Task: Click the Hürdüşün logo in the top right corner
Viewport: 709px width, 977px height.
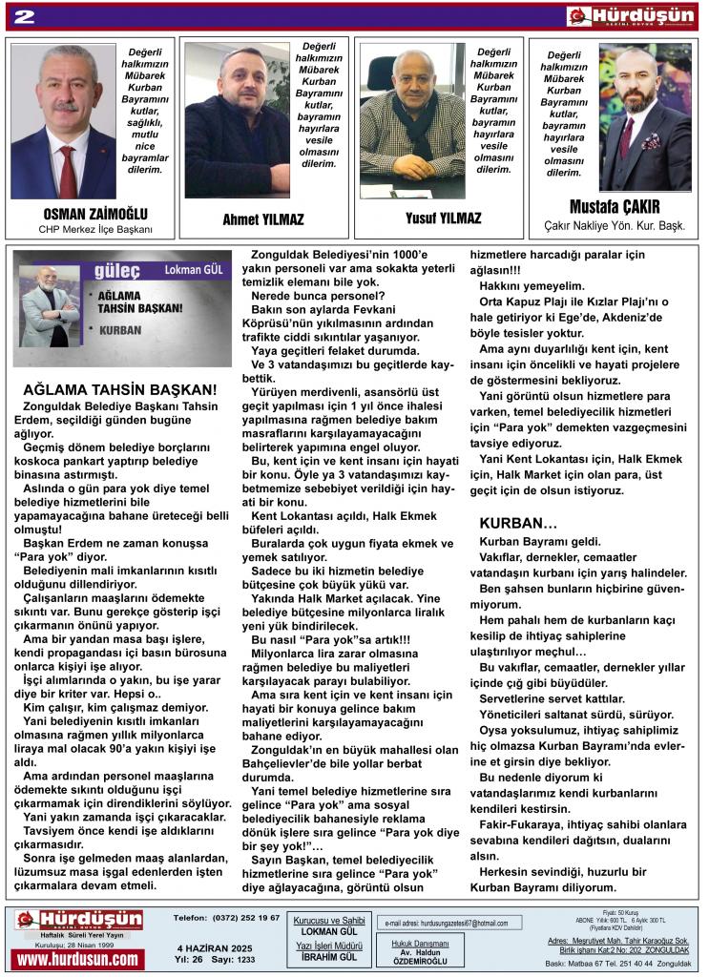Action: click(630, 16)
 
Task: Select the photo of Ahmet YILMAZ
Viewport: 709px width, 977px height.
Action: click(237, 119)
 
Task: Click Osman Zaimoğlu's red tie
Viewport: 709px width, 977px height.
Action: click(68, 173)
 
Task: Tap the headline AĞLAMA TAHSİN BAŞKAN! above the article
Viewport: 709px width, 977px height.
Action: click(119, 389)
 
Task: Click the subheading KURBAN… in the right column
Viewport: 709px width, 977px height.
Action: click(518, 524)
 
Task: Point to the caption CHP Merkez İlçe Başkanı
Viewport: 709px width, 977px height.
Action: click(95, 230)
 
